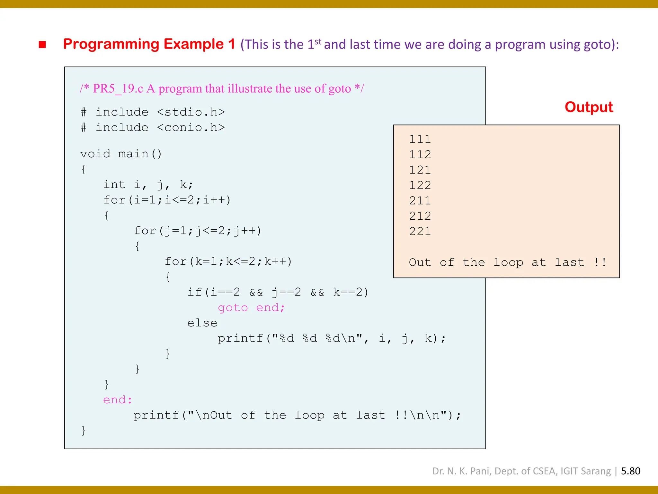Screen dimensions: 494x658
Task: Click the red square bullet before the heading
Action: pos(42,44)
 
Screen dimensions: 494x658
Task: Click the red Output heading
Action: pos(589,107)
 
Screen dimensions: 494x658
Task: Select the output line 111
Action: pos(420,139)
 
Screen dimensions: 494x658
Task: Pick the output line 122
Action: pos(420,185)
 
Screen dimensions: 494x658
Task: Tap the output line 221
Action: pos(420,231)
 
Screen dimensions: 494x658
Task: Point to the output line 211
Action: pos(420,201)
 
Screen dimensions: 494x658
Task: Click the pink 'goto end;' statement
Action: pos(251,308)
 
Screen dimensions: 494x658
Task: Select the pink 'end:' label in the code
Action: pos(118,400)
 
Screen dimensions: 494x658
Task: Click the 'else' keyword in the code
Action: pos(202,323)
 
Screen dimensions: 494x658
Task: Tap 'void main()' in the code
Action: pos(121,154)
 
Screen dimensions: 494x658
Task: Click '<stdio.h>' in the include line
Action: pos(191,112)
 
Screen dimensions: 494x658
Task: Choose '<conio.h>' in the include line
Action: pos(191,128)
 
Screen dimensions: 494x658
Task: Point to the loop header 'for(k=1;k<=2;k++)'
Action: pos(228,261)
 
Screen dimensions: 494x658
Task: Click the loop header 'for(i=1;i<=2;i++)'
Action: pos(167,200)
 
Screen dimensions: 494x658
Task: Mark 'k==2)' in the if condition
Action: pos(351,292)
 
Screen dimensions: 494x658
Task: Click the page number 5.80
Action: pos(630,471)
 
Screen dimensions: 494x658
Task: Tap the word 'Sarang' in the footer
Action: pos(596,471)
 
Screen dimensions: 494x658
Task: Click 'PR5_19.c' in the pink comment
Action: pos(118,88)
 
